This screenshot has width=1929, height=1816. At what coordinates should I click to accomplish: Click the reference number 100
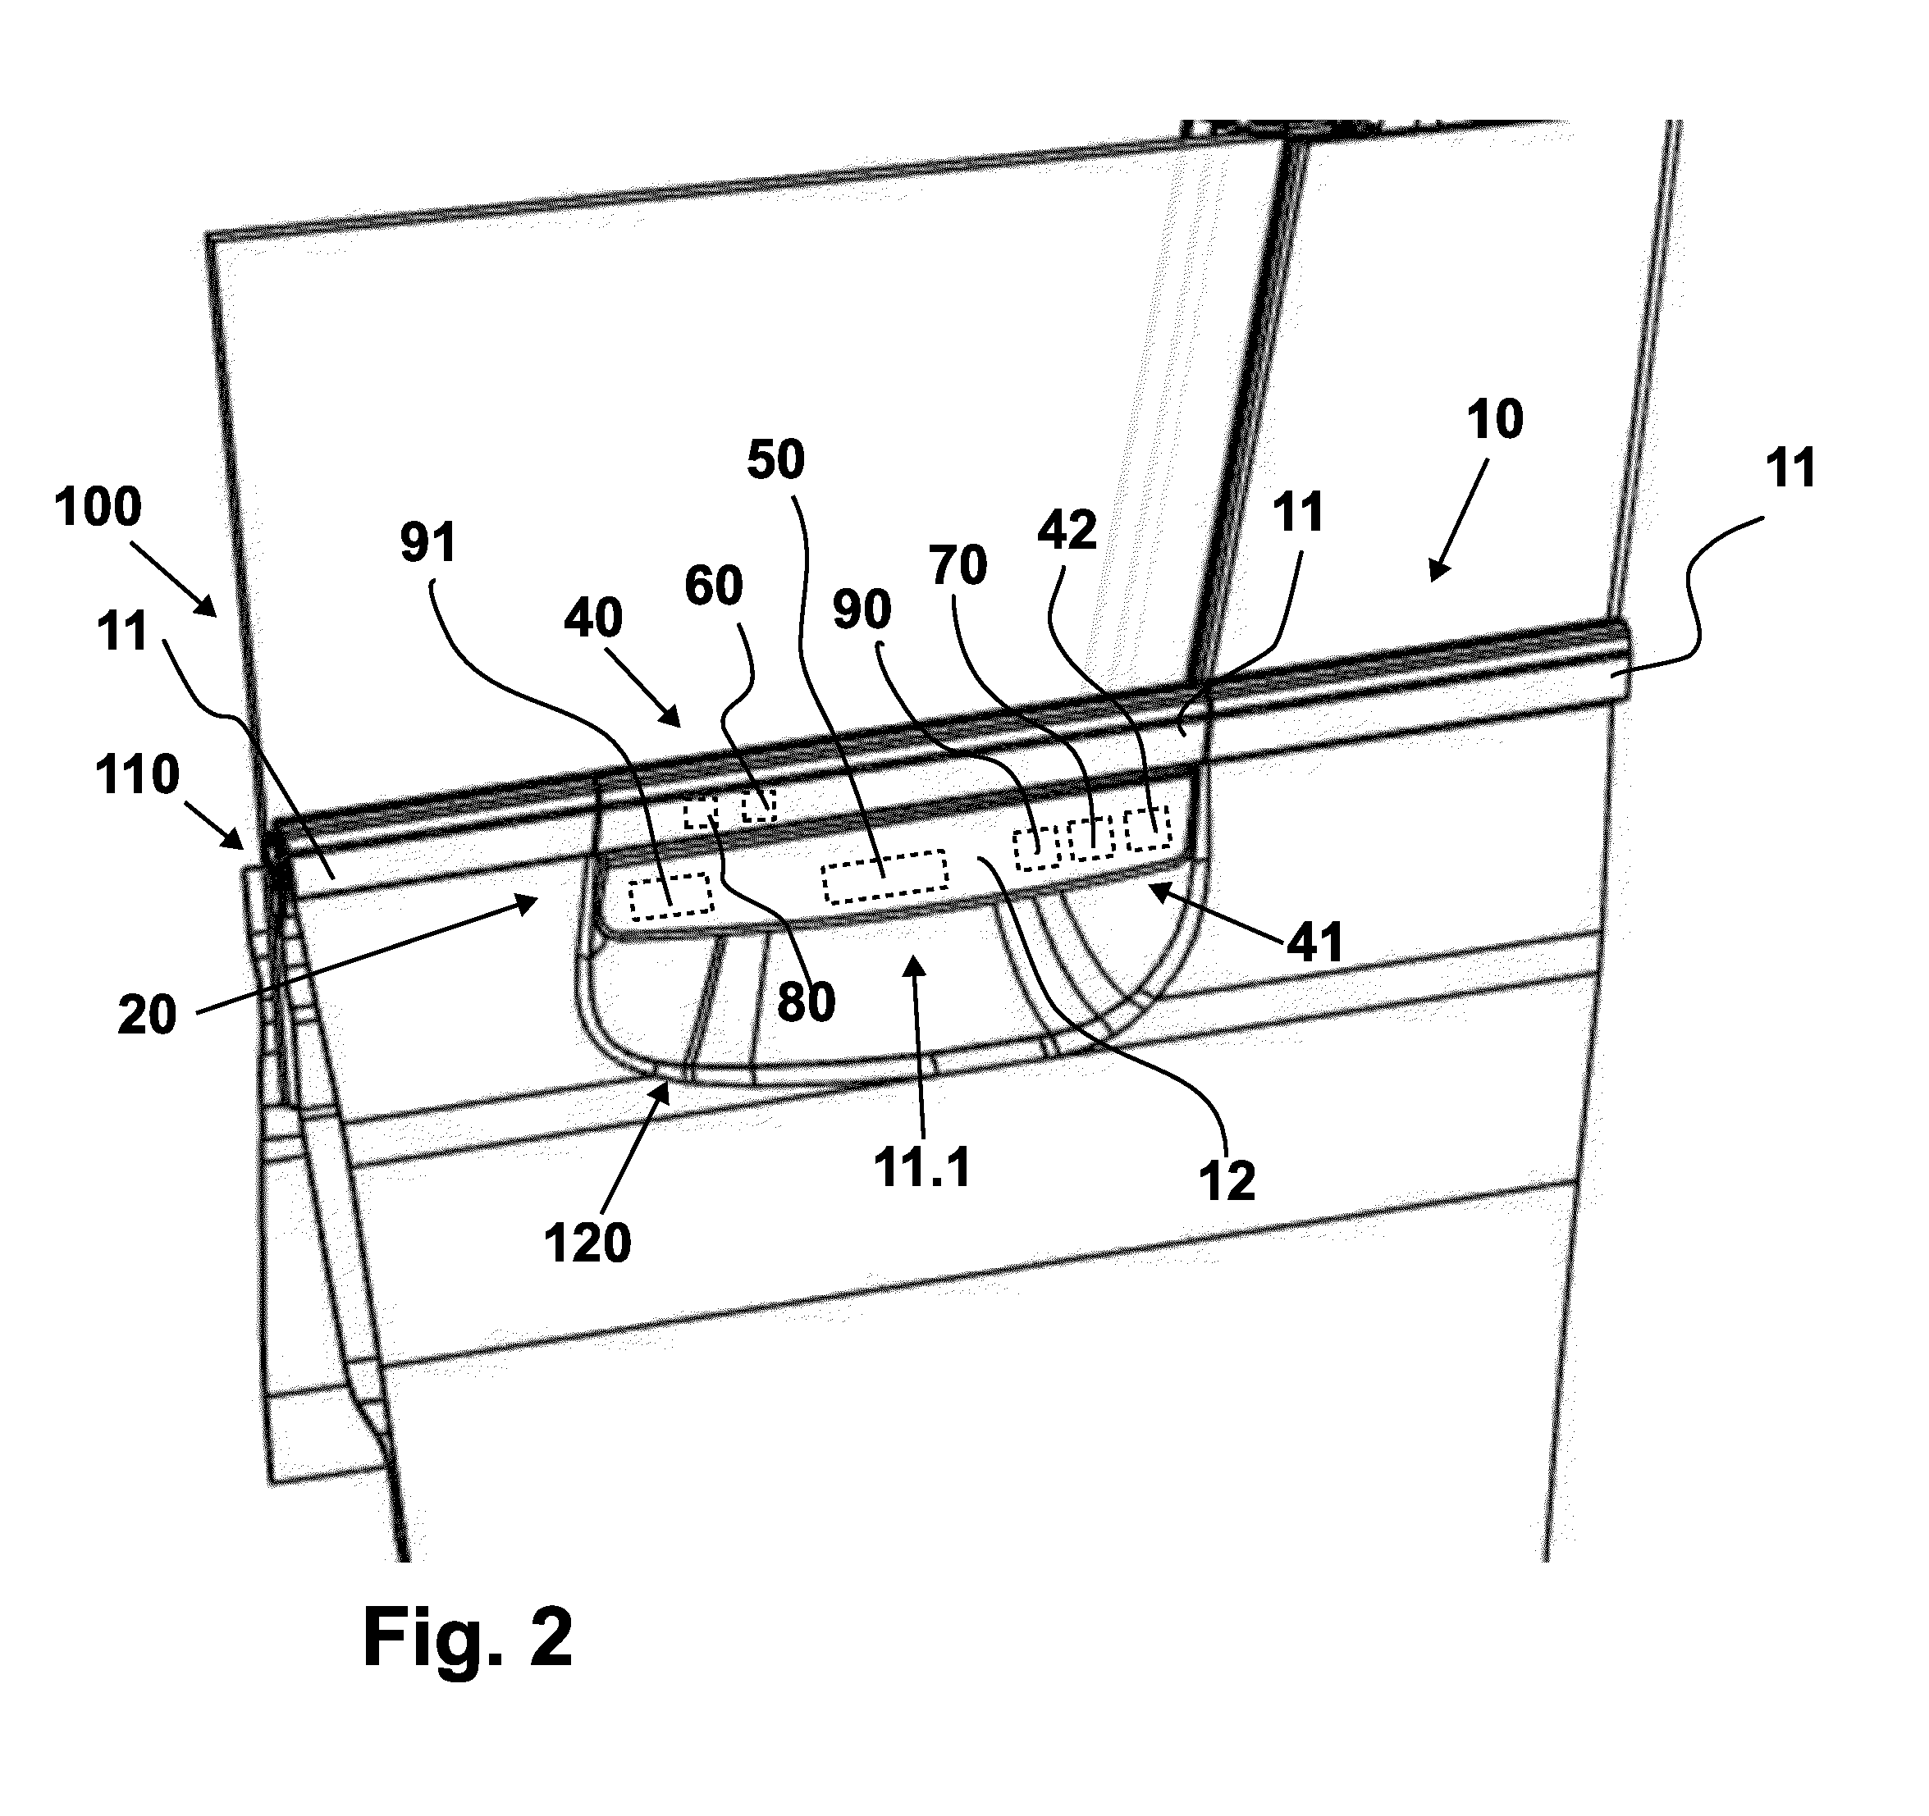pyautogui.click(x=98, y=508)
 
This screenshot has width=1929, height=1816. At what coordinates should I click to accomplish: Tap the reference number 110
pyautogui.click(x=138, y=775)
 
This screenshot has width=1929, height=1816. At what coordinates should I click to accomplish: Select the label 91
pyautogui.click(x=428, y=544)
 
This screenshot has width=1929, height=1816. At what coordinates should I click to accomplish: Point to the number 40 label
pyautogui.click(x=593, y=618)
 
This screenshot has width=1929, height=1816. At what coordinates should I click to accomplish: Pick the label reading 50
pyautogui.click(x=775, y=460)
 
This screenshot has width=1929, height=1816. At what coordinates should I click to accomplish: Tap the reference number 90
pyautogui.click(x=862, y=610)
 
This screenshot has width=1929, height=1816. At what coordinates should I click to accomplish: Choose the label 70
pyautogui.click(x=958, y=566)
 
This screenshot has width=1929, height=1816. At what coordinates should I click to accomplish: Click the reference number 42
pyautogui.click(x=1067, y=531)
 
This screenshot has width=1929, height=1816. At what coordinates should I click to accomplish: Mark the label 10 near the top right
pyautogui.click(x=1495, y=420)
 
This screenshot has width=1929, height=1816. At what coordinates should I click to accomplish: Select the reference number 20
pyautogui.click(x=148, y=1015)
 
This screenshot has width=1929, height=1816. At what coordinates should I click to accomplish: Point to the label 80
pyautogui.click(x=807, y=1002)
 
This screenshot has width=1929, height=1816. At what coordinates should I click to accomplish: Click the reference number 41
pyautogui.click(x=1314, y=942)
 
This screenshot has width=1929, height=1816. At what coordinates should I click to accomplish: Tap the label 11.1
pyautogui.click(x=921, y=1167)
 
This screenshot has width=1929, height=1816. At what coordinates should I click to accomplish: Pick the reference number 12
pyautogui.click(x=1227, y=1180)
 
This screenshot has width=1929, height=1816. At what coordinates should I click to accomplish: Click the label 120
pyautogui.click(x=587, y=1243)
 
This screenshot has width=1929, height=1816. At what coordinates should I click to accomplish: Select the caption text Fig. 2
pyautogui.click(x=468, y=1636)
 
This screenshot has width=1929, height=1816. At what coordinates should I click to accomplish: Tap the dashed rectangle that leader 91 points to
pyautogui.click(x=670, y=896)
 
